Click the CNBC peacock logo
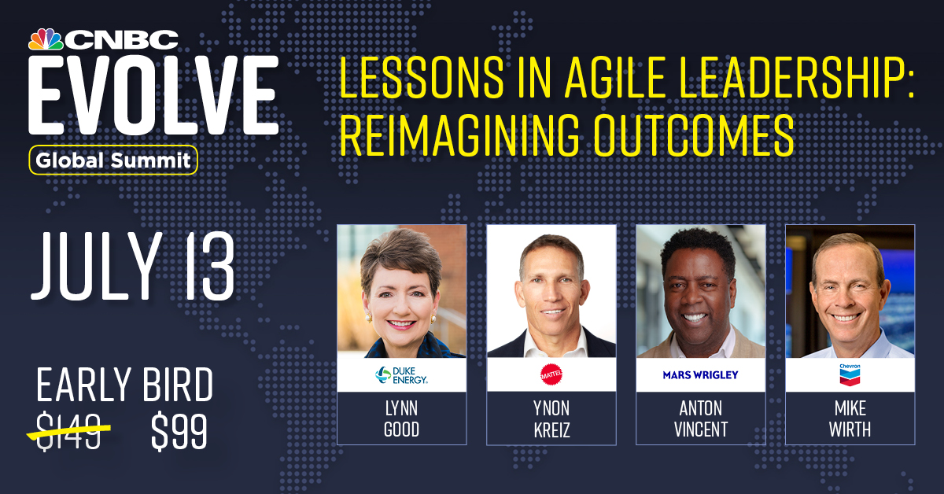[46, 39]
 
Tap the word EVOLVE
[153, 95]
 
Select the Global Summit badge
[113, 160]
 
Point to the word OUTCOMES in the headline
[694, 135]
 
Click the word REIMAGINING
[459, 135]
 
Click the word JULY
[97, 267]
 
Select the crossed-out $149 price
[68, 431]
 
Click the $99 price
[179, 431]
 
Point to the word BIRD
[178, 384]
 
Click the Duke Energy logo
[401, 374]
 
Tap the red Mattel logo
[551, 374]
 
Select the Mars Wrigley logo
[700, 374]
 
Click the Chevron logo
[850, 374]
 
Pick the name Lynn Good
[401, 418]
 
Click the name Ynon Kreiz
[551, 418]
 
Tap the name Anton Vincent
[700, 418]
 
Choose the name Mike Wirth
[850, 418]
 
